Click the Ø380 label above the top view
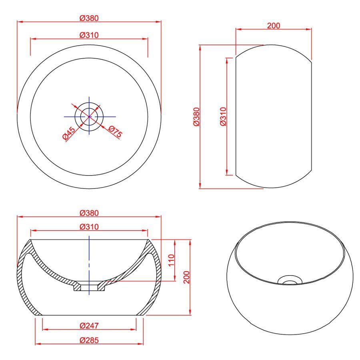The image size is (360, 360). click(89, 18)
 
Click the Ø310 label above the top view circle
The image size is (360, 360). click(89, 35)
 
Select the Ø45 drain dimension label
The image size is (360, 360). click(69, 133)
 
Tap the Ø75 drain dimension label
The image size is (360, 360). click(115, 132)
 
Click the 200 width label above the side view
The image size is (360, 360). click(274, 26)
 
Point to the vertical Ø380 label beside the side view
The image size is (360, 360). click(196, 117)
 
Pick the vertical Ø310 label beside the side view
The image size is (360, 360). click(223, 116)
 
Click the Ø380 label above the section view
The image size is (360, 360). click(89, 213)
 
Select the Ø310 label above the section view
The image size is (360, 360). click(89, 227)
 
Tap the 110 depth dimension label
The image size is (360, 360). click(172, 260)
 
